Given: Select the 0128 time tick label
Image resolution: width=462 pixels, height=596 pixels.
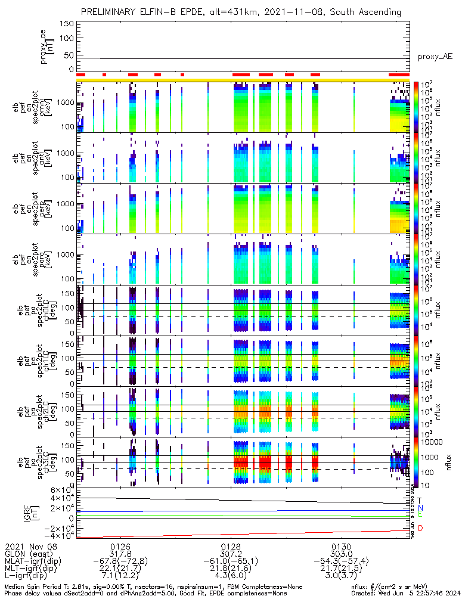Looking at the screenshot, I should click(231, 546).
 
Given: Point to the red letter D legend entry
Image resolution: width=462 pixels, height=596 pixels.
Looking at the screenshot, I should click(420, 529).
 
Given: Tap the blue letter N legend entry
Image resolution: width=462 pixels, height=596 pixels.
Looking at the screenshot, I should click(420, 508).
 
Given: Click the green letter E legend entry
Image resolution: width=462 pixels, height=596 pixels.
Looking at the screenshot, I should click(420, 514).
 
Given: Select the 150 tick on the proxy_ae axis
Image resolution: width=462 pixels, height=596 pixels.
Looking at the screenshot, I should click(67, 24).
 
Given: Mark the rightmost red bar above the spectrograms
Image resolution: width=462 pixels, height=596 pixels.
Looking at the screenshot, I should click(399, 74).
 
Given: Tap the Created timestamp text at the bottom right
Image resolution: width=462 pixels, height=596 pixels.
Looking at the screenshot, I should click(405, 592).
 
